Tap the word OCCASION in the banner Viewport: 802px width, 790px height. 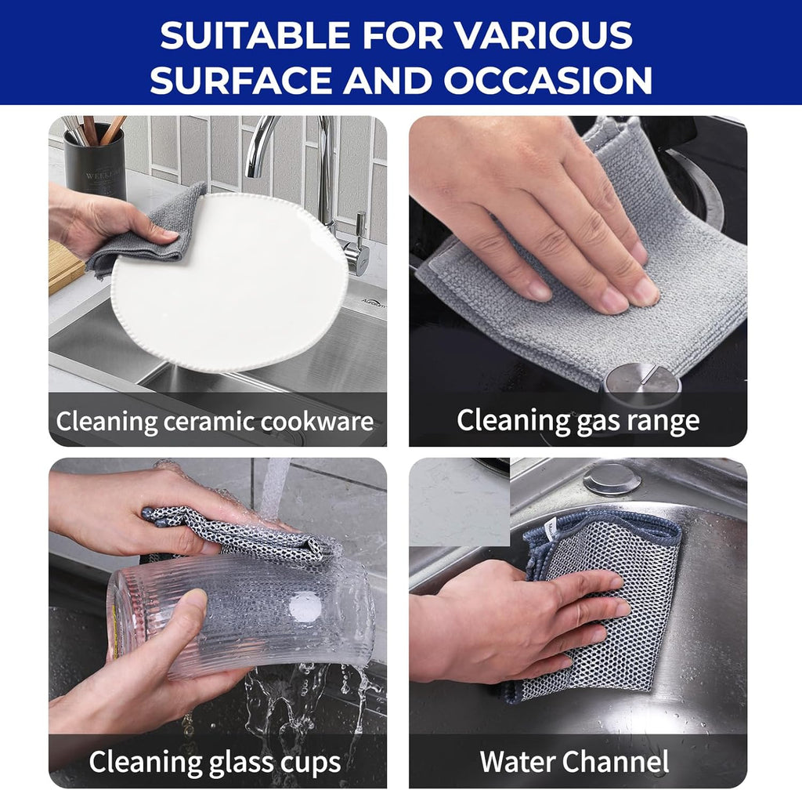[548, 79]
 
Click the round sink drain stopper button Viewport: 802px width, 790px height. [612, 479]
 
